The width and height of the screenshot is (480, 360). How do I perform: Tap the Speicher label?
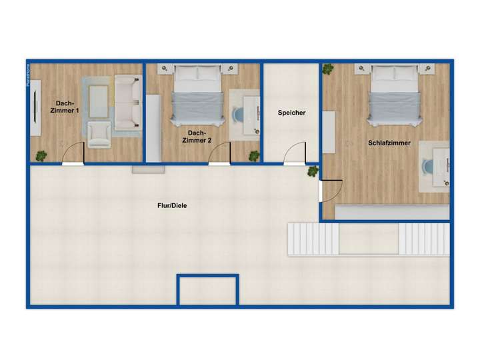(x=291, y=113)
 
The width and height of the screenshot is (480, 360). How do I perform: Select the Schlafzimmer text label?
(x=389, y=143)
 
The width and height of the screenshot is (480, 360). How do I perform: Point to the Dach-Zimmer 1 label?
(x=64, y=107)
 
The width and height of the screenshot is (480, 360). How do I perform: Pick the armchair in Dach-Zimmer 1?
(x=99, y=133)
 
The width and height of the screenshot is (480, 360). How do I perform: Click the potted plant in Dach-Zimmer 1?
(x=41, y=155)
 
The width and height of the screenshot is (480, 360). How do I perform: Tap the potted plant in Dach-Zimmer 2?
(x=254, y=155)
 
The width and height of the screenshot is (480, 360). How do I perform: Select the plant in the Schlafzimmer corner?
(x=328, y=69)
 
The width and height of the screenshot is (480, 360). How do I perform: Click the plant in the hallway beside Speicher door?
(x=312, y=171)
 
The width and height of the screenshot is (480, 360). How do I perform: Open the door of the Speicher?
(x=294, y=155)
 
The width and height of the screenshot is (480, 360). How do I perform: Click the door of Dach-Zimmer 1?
(x=73, y=155)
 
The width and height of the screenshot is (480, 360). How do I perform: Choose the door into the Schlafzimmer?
(x=331, y=191)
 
